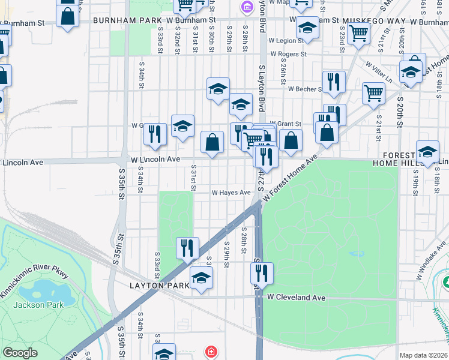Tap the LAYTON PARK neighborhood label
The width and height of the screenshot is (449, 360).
tap(155, 286)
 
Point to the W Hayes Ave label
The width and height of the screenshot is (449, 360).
tap(231, 193)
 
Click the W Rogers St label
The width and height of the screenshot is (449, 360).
tap(288, 54)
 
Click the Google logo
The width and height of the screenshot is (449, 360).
tap(20, 353)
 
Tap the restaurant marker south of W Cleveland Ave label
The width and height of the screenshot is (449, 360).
tap(262, 273)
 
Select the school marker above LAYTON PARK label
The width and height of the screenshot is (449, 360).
tap(201, 278)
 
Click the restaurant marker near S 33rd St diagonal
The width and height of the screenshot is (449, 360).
tap(187, 248)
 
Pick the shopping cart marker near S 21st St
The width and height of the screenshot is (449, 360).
tap(373, 93)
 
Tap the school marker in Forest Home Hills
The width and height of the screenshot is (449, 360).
tap(427, 152)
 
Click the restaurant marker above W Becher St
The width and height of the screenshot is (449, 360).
tap(333, 81)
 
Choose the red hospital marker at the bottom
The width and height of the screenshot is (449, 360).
tap(211, 352)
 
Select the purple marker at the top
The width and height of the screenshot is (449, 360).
tap(246, 7)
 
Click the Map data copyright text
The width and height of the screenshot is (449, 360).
tap(423, 355)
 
